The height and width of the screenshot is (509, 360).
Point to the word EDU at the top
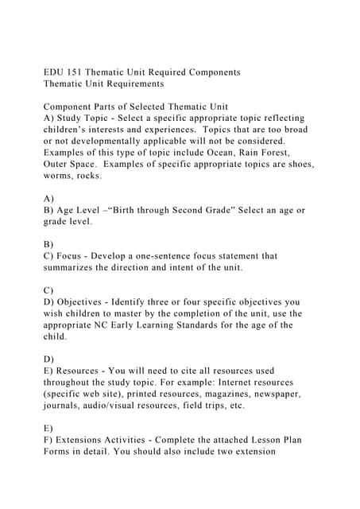tap(54, 72)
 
